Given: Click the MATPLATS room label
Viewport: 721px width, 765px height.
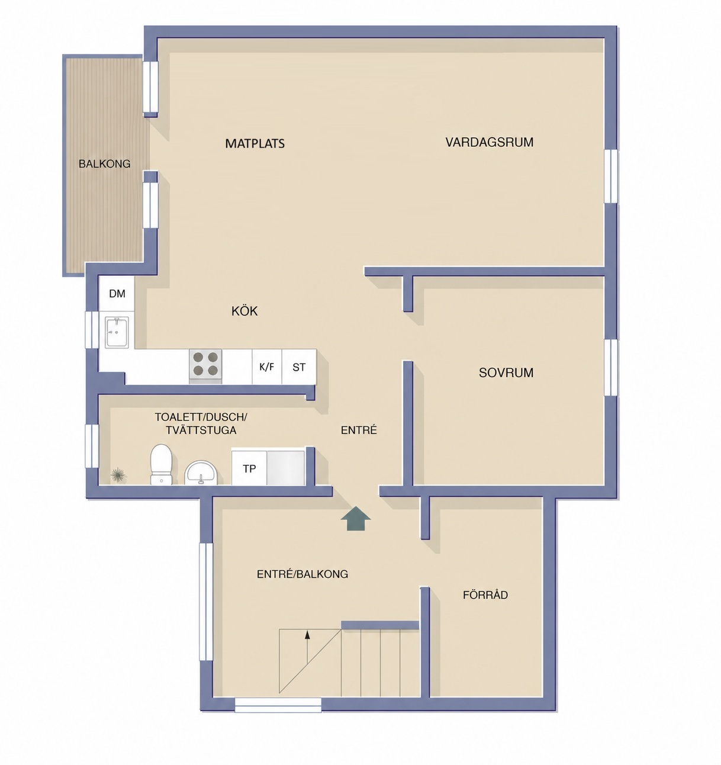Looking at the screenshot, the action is [255, 144].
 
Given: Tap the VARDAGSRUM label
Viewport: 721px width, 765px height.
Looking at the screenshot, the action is [489, 143].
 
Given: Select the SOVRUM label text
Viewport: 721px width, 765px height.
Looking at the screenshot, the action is [506, 372].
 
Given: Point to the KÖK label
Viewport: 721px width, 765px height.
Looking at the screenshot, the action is [244, 310].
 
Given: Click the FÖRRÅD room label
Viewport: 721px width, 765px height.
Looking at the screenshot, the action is [485, 594].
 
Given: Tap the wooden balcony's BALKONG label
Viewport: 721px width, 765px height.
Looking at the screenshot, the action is [104, 164].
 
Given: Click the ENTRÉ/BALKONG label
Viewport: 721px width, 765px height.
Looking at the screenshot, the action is [302, 574].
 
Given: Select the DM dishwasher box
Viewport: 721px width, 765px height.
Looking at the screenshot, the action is [117, 294].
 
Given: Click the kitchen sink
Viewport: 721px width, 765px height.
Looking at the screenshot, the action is [117, 332].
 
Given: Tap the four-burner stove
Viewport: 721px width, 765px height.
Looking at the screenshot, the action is [205, 366].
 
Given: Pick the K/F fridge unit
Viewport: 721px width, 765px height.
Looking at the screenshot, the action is [266, 367].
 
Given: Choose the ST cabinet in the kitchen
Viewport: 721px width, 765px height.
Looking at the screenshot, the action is [299, 367].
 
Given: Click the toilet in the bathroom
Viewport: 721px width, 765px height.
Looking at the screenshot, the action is [161, 464].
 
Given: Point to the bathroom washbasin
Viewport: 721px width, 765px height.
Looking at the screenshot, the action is [201, 472].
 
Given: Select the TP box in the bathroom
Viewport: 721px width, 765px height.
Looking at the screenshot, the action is [249, 468].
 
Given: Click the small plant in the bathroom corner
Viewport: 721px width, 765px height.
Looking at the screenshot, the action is [118, 474].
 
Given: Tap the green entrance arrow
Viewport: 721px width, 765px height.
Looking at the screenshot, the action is [356, 518].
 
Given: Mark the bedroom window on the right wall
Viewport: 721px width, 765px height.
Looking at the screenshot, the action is [610, 368].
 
